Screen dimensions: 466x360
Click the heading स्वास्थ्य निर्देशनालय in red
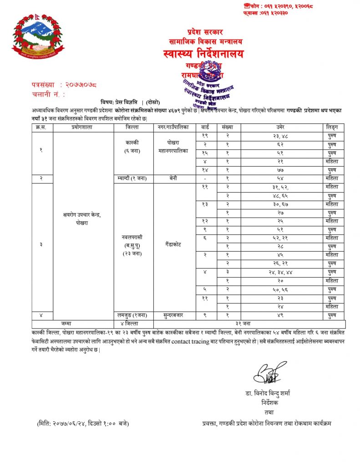tap(203, 54)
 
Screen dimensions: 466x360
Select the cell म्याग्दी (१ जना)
tap(133, 178)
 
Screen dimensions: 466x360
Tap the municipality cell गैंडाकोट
tap(171, 244)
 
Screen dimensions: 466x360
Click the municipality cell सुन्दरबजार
tap(171, 314)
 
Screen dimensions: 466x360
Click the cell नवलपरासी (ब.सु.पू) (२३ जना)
tap(133, 244)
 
